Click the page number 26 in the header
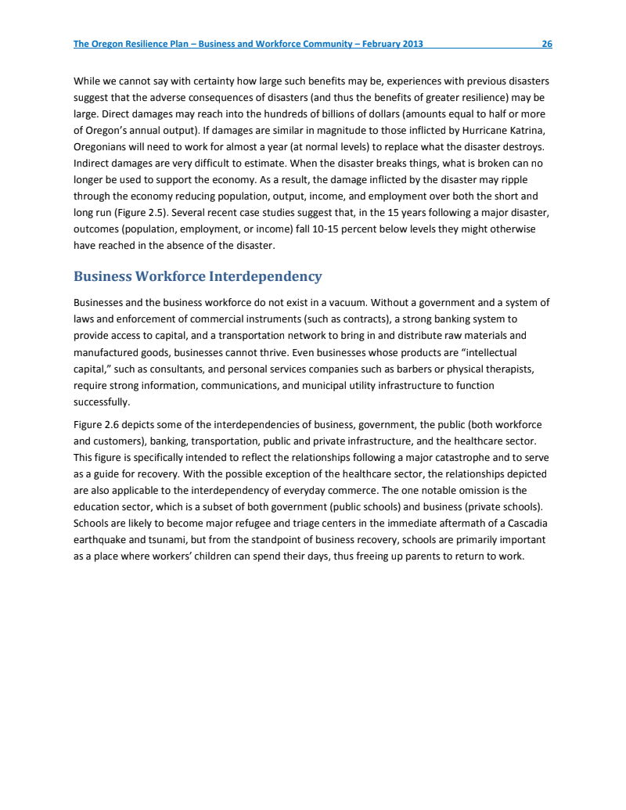pos(547,44)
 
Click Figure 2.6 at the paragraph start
pos(96,425)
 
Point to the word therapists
pos(509,369)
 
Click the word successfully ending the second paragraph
pos(101,402)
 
